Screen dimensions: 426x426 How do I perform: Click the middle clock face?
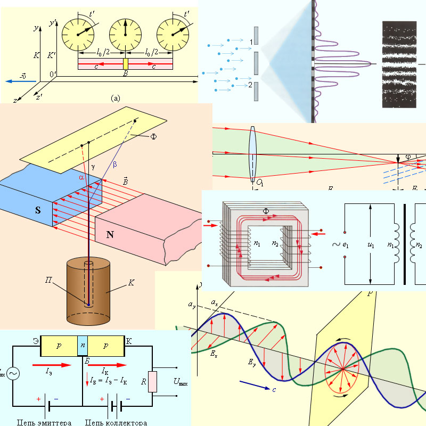click(126, 34)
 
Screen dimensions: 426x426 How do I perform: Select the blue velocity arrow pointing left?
click(21, 81)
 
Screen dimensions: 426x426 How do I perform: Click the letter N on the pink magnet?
click(110, 234)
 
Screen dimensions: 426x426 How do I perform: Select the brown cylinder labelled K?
click(88, 290)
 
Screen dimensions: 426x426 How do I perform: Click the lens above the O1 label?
click(252, 154)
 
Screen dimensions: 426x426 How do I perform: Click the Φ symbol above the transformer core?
click(266, 212)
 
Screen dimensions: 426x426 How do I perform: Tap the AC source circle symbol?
click(11, 374)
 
